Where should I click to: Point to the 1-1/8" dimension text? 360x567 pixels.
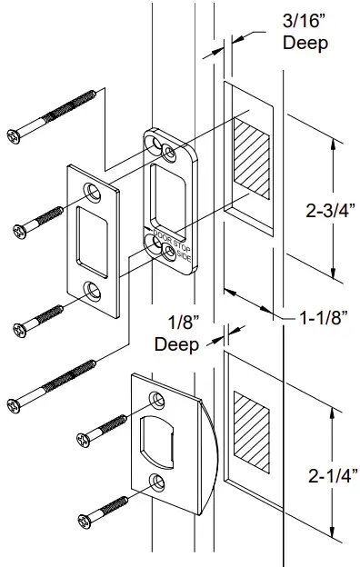coord(325,319)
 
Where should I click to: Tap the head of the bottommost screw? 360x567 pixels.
coord(85,520)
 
